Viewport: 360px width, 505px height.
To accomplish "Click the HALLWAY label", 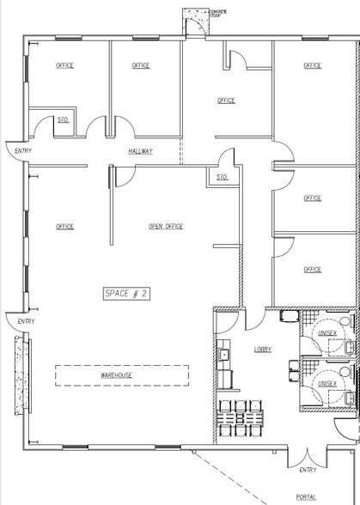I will pos(141,151).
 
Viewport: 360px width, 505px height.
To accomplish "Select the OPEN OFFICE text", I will pos(166,227).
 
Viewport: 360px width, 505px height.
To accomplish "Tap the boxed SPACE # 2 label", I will pos(127,294).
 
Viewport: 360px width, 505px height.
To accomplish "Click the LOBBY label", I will pos(263,350).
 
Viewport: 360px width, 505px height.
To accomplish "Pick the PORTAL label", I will pos(307,496).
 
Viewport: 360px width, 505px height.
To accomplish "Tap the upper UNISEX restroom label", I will pos(329,334).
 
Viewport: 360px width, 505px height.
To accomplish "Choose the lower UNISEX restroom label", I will pos(329,385).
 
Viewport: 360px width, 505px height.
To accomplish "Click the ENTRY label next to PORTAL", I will pos(308,470).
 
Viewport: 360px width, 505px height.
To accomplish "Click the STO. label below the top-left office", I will pos(63,119).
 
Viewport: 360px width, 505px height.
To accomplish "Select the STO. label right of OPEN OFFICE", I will pos(222,177).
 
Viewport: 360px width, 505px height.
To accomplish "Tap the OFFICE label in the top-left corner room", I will pos(64,65).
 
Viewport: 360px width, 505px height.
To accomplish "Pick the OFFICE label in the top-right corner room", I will pos(312,65).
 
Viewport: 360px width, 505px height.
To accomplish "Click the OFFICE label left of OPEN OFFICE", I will pos(64,227).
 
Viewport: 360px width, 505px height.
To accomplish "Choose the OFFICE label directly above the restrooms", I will pos(312,269).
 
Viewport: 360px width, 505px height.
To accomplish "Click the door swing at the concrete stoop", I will pos(198,26).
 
